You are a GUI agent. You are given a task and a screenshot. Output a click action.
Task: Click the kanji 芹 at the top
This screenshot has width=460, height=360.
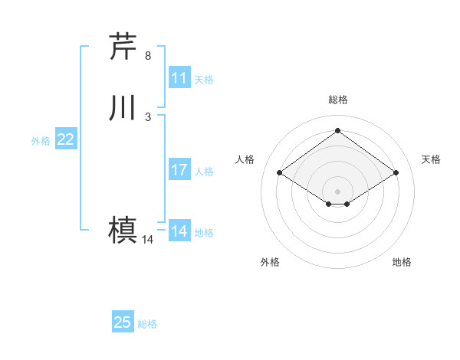pyautogui.click(x=123, y=47)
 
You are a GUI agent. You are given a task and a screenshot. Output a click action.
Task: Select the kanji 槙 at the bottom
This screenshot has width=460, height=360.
pyautogui.click(x=123, y=230)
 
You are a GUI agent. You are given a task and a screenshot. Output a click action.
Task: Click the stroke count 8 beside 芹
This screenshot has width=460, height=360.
pyautogui.click(x=148, y=56)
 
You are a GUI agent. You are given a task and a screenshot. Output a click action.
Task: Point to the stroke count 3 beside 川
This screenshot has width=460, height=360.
pyautogui.click(x=148, y=116)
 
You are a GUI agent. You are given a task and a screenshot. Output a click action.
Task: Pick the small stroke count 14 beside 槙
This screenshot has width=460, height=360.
pyautogui.click(x=148, y=240)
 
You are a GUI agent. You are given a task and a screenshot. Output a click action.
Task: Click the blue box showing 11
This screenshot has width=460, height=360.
pyautogui.click(x=179, y=78)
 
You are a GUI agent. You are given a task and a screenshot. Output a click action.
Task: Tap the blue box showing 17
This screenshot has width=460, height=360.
pyautogui.click(x=179, y=170)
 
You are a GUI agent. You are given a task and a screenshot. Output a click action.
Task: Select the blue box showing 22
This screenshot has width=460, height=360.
pyautogui.click(x=66, y=139)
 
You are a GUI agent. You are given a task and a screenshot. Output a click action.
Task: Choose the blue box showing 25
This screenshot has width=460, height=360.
pyautogui.click(x=123, y=322)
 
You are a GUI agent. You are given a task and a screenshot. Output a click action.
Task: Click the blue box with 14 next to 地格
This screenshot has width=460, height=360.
pyautogui.click(x=179, y=231)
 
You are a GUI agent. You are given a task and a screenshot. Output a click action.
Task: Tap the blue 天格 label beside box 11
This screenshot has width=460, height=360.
pyautogui.click(x=204, y=79)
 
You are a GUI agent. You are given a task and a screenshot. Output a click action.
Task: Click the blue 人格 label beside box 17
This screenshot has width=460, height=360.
pyautogui.click(x=204, y=171)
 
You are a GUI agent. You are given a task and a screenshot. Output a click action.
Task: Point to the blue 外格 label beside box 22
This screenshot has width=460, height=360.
pyautogui.click(x=41, y=140)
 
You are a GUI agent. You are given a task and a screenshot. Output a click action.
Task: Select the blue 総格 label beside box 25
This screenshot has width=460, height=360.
pyautogui.click(x=147, y=323)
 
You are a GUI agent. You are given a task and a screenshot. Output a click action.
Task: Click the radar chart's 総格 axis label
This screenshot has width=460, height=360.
pyautogui.click(x=337, y=100)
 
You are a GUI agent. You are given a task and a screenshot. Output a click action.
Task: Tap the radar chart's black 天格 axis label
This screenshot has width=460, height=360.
pyautogui.click(x=431, y=159)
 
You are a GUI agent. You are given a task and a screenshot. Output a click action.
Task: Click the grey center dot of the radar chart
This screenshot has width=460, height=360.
pyautogui.click(x=337, y=191)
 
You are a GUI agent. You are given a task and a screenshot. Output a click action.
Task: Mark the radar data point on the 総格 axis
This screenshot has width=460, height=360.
pyautogui.click(x=337, y=131)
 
